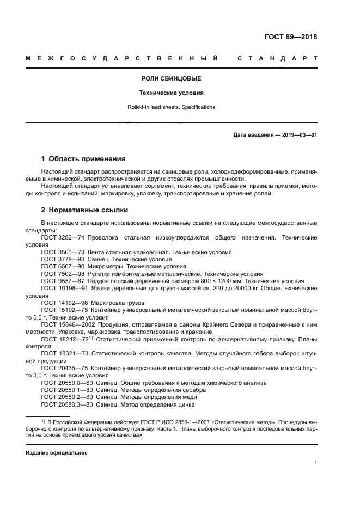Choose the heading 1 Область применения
coord(83,159)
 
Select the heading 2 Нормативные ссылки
coord(85,210)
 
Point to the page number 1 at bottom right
coord(315,463)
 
